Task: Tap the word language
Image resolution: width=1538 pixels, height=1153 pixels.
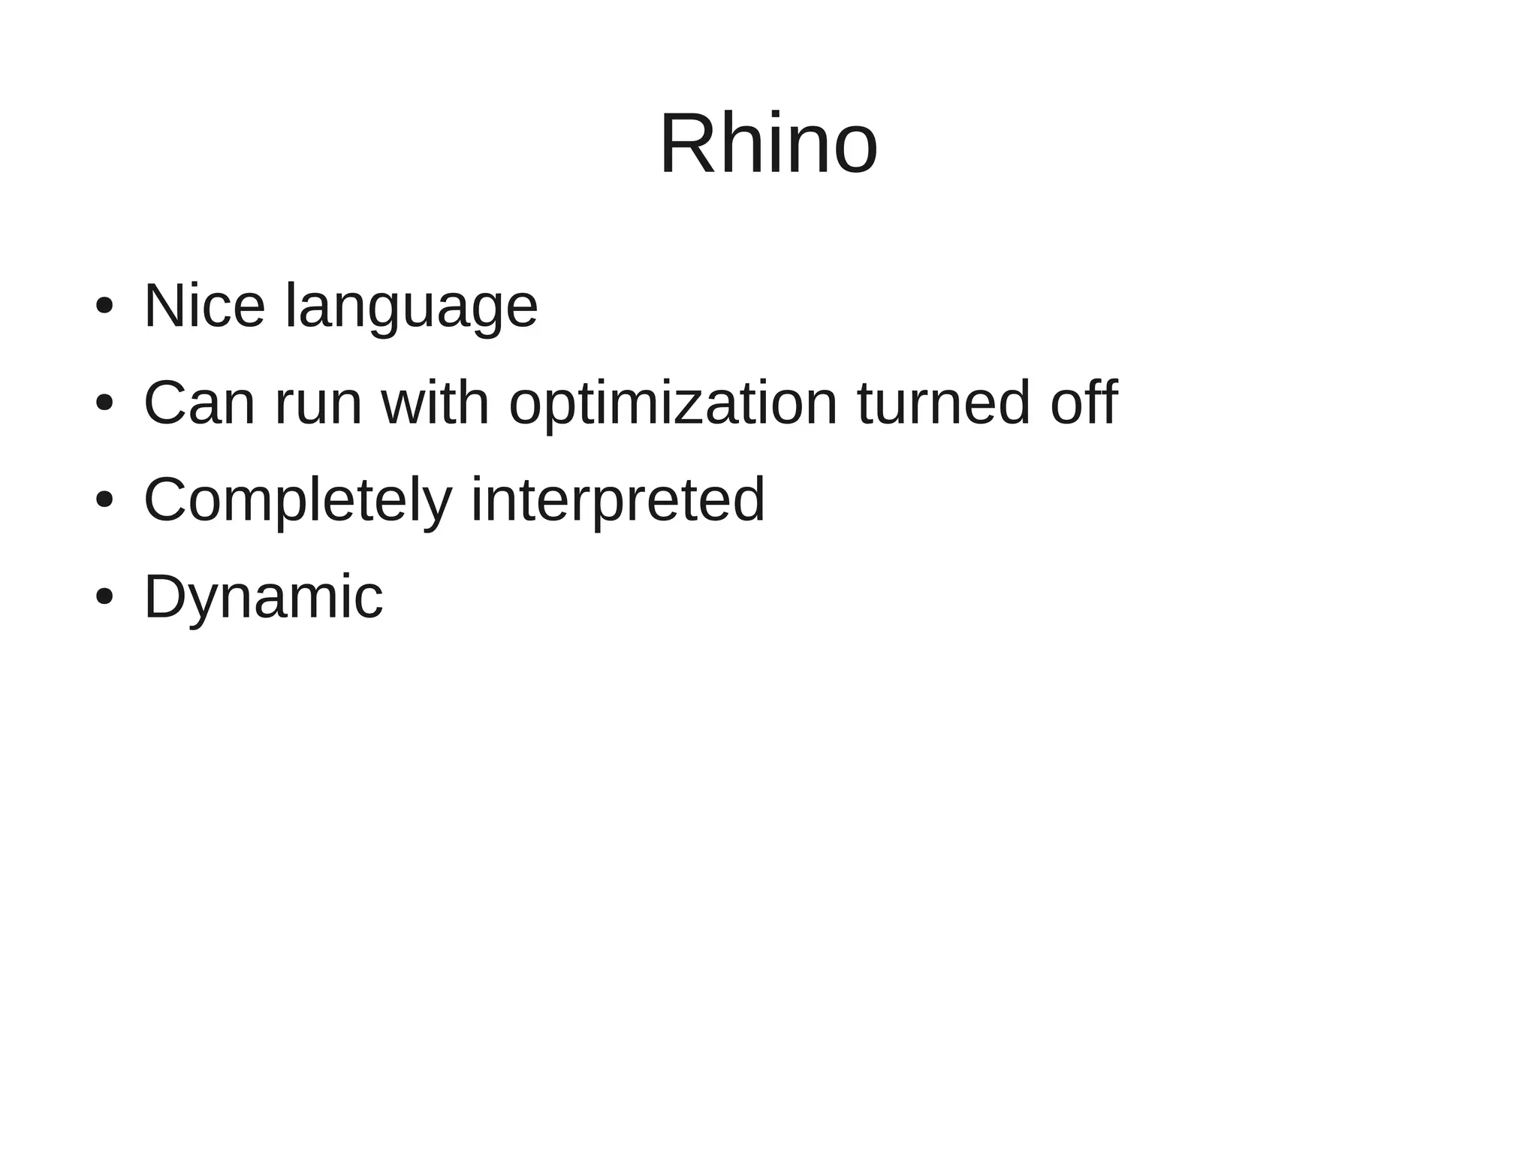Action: [412, 308]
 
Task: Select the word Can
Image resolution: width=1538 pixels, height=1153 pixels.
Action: [199, 403]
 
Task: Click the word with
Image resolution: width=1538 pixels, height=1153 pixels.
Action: [436, 403]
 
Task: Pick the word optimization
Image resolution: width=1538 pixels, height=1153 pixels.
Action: [673, 406]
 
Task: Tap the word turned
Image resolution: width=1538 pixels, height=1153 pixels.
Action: [944, 403]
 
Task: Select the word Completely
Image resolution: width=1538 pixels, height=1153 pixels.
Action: [297, 501]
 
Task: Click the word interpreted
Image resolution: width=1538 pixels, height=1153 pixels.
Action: [617, 501]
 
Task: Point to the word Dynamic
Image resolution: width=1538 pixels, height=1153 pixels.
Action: [263, 598]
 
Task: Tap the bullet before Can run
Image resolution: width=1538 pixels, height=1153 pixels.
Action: [104, 403]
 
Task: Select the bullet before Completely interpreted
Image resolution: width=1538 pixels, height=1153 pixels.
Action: [104, 500]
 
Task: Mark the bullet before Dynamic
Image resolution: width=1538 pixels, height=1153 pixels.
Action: [104, 597]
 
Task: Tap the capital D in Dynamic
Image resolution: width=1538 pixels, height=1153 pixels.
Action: [164, 596]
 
